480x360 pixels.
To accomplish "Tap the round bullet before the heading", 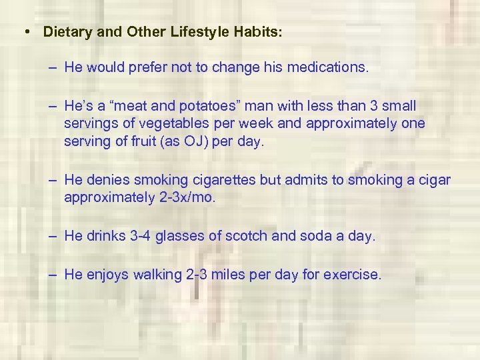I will coord(25,32).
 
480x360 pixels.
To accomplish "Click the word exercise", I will coord(351,275).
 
